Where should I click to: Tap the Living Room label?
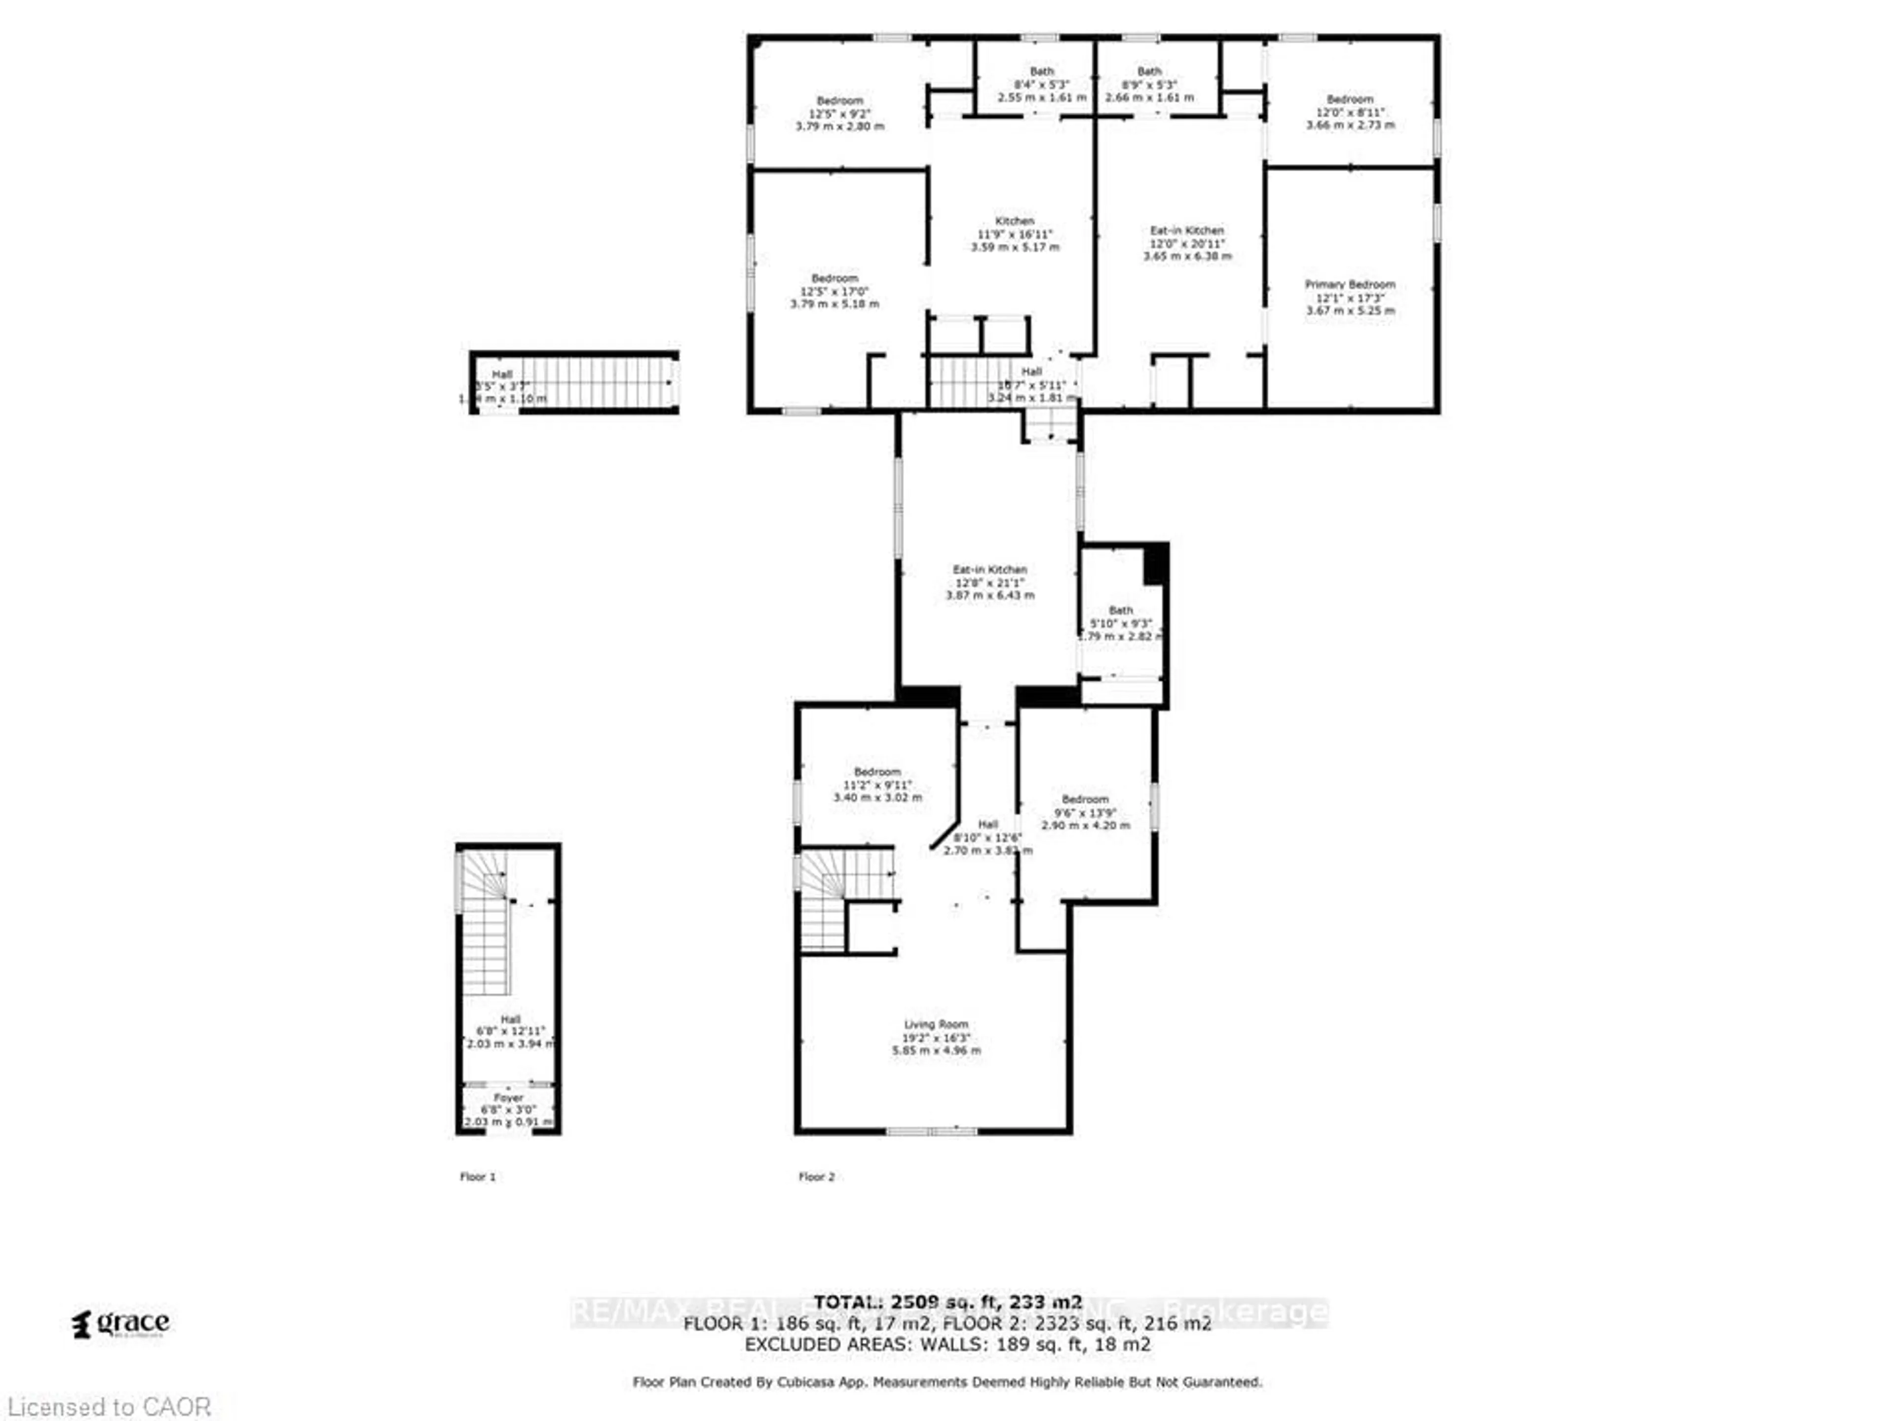(936, 1037)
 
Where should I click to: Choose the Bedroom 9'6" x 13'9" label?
(1085, 812)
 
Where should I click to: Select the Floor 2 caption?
(816, 1177)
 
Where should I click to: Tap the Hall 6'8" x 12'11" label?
(511, 1031)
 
